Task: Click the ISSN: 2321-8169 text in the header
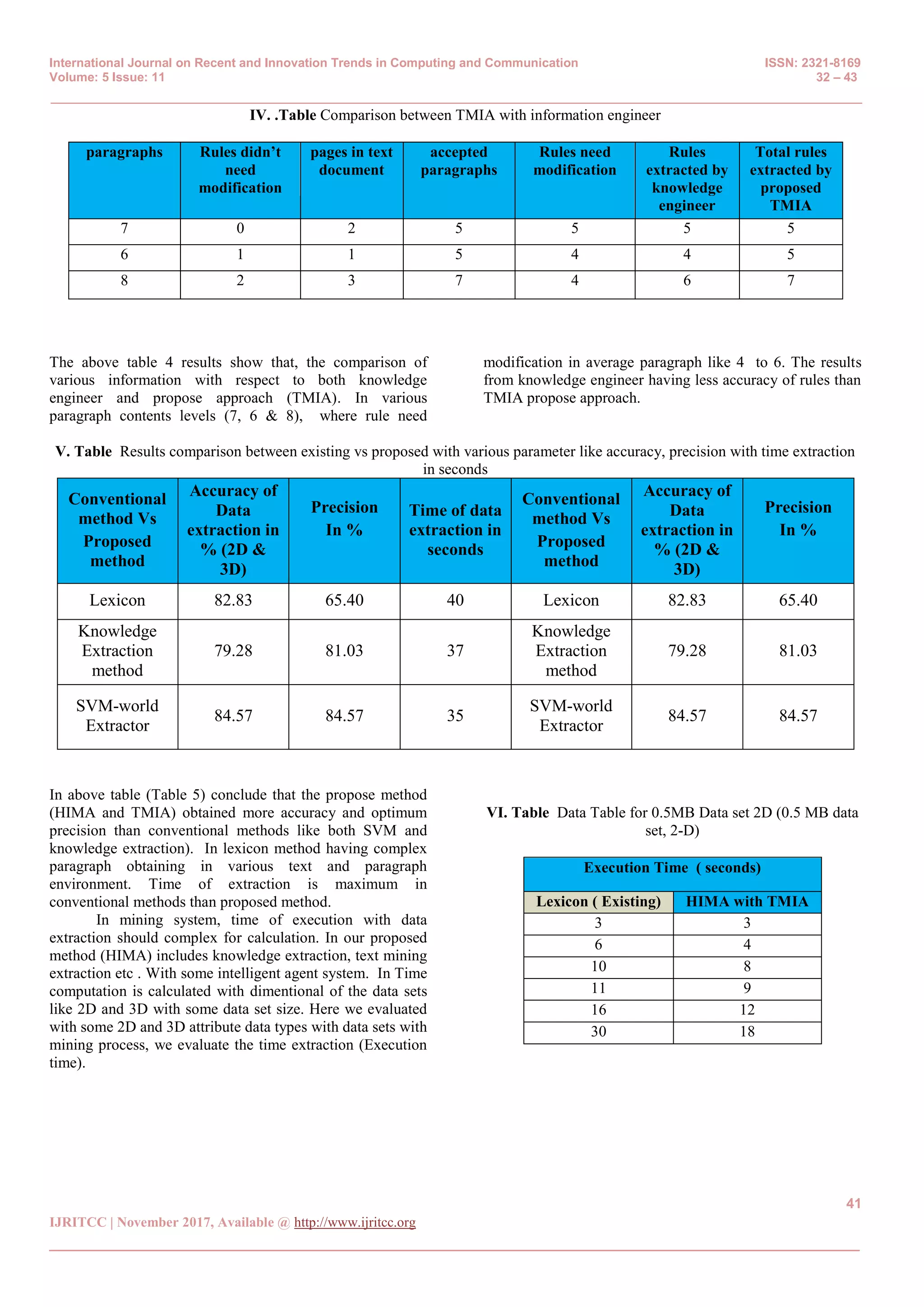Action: click(812, 63)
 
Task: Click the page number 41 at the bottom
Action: click(853, 1203)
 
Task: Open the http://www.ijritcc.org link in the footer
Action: click(355, 1222)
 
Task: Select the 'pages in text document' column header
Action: click(351, 161)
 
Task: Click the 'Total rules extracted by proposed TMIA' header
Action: click(790, 179)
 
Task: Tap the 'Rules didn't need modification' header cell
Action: click(240, 170)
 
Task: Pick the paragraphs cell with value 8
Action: click(124, 281)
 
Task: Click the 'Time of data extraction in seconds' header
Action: click(455, 530)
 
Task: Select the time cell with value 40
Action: click(455, 600)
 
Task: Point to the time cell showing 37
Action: click(455, 651)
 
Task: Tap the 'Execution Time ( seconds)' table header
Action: click(672, 868)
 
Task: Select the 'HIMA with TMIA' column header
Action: click(747, 902)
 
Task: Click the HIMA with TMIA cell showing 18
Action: click(747, 1032)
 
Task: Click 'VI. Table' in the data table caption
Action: click(517, 812)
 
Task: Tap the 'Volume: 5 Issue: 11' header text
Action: click(107, 78)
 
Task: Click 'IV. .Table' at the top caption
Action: click(283, 116)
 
